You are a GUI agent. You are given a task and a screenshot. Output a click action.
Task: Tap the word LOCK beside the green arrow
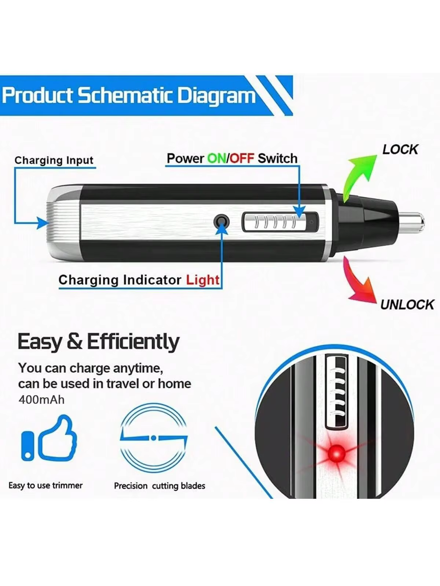400,149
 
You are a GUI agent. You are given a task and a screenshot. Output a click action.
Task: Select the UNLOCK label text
407,305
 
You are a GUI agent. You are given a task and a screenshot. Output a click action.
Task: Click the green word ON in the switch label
217,159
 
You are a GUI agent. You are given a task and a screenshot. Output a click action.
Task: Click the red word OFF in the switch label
242,159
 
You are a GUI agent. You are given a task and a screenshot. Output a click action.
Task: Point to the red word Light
203,280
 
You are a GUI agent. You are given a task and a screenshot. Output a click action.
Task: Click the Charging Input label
54,160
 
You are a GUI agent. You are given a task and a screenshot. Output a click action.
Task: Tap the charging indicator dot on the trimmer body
221,222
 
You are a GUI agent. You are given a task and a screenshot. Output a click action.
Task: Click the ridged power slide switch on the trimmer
280,222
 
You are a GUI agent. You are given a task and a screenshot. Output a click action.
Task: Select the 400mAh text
41,400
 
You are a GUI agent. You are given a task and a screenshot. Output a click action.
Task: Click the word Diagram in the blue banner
216,96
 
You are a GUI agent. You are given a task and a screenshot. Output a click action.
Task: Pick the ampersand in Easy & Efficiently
74,341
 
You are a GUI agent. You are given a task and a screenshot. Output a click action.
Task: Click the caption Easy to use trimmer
45,485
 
